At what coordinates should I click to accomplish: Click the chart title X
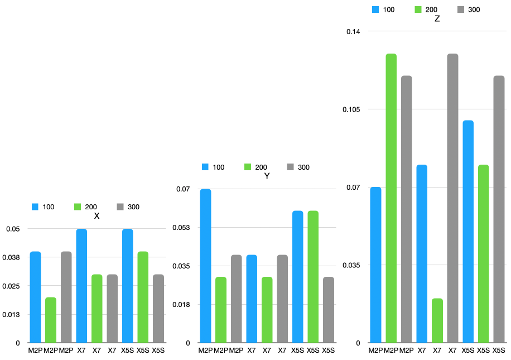pyautogui.click(x=97, y=216)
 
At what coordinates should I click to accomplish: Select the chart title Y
pyautogui.click(x=267, y=176)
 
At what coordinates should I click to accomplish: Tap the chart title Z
pyautogui.click(x=437, y=18)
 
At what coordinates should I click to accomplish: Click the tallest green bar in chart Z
pyautogui.click(x=391, y=198)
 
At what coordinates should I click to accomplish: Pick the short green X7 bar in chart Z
pyautogui.click(x=437, y=320)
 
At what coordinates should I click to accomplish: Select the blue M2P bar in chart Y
pyautogui.click(x=206, y=266)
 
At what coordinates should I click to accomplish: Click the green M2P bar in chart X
pyautogui.click(x=51, y=320)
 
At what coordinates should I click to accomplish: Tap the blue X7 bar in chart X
pyautogui.click(x=81, y=286)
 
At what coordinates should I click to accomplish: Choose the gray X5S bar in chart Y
pyautogui.click(x=328, y=310)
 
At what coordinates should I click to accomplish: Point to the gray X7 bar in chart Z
pyautogui.click(x=452, y=198)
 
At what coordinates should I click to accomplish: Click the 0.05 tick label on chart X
pyautogui.click(x=13, y=229)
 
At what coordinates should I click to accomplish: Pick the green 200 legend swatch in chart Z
pyautogui.click(x=418, y=9)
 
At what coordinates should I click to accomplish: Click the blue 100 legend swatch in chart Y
pyautogui.click(x=205, y=167)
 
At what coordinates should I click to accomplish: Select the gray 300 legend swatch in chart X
pyautogui.click(x=120, y=207)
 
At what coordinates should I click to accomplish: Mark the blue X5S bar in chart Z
pyautogui.click(x=467, y=232)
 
